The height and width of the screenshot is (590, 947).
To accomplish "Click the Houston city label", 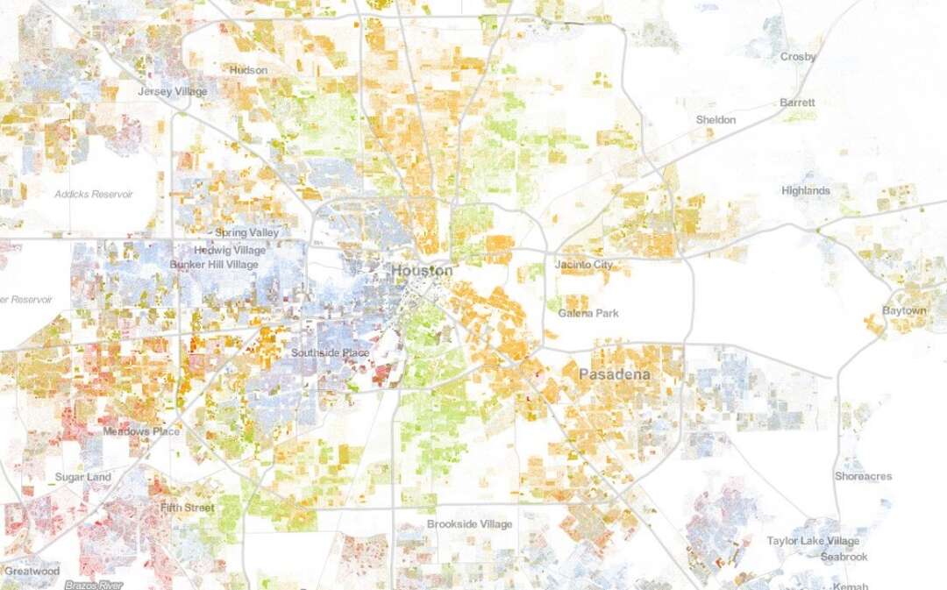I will (422, 270).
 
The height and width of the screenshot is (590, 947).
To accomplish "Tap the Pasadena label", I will (614, 375).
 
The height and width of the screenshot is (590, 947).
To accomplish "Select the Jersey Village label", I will (173, 91).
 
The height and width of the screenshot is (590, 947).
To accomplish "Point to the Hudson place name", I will (248, 70).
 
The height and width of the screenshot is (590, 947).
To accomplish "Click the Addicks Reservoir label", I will (93, 194).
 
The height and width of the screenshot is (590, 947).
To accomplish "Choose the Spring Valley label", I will (247, 233).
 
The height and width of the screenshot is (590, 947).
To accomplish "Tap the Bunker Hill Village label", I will (213, 265).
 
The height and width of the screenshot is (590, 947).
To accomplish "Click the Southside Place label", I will (330, 353).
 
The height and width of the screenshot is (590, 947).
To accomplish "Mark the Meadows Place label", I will (141, 431).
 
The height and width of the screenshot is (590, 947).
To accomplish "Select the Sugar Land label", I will (83, 477).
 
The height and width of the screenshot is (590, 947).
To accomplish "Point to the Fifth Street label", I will (188, 508).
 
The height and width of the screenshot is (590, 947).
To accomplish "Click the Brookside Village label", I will (469, 524).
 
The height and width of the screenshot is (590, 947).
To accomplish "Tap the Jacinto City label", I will (585, 265).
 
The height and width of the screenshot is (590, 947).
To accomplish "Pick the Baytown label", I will (904, 311).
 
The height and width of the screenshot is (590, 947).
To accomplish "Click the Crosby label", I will (798, 57).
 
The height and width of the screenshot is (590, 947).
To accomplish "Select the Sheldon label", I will (716, 119).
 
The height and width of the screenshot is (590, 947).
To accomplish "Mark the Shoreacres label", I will (863, 477).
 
